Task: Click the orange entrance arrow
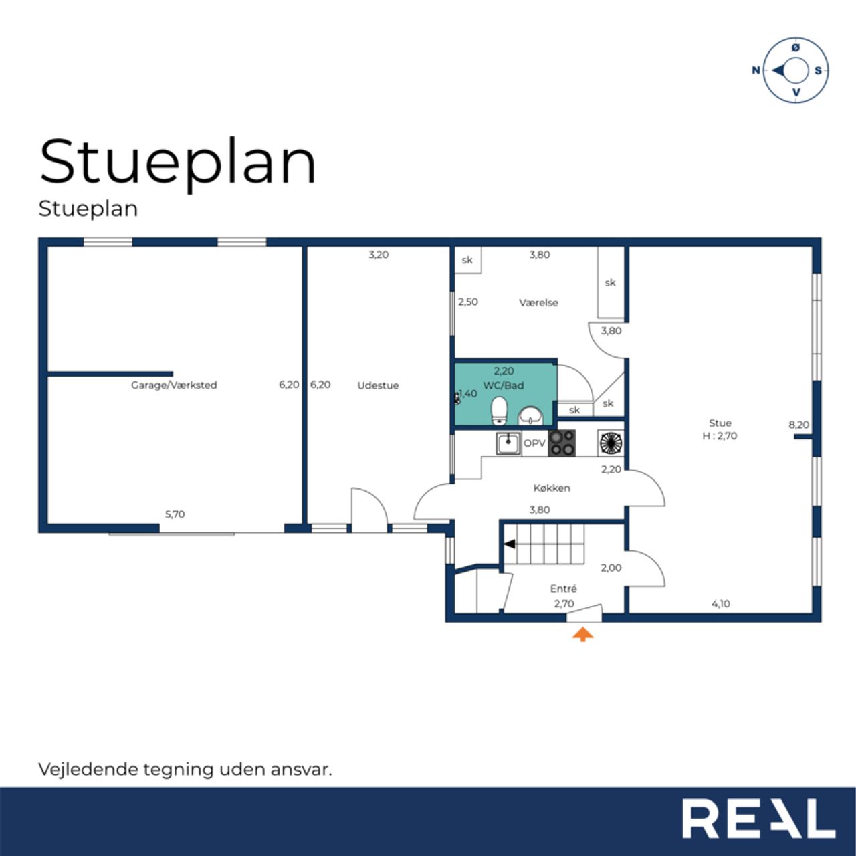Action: tap(582, 635)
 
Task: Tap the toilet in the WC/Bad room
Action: tap(500, 411)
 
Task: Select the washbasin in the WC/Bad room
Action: tap(531, 416)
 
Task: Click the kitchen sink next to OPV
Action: tap(508, 443)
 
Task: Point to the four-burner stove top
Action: tap(562, 443)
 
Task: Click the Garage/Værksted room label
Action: tap(174, 385)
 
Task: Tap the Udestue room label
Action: tap(378, 385)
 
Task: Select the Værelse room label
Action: tap(538, 302)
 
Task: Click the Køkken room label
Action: tap(552, 488)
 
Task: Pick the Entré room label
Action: tap(563, 588)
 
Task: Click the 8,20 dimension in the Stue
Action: tap(798, 424)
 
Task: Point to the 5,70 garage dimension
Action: tap(175, 514)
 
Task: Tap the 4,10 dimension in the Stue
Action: tap(720, 603)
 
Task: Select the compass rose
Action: tap(795, 70)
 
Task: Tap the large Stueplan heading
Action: tap(178, 163)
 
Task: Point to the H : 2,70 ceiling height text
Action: tap(720, 436)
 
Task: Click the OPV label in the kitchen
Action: tap(534, 443)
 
